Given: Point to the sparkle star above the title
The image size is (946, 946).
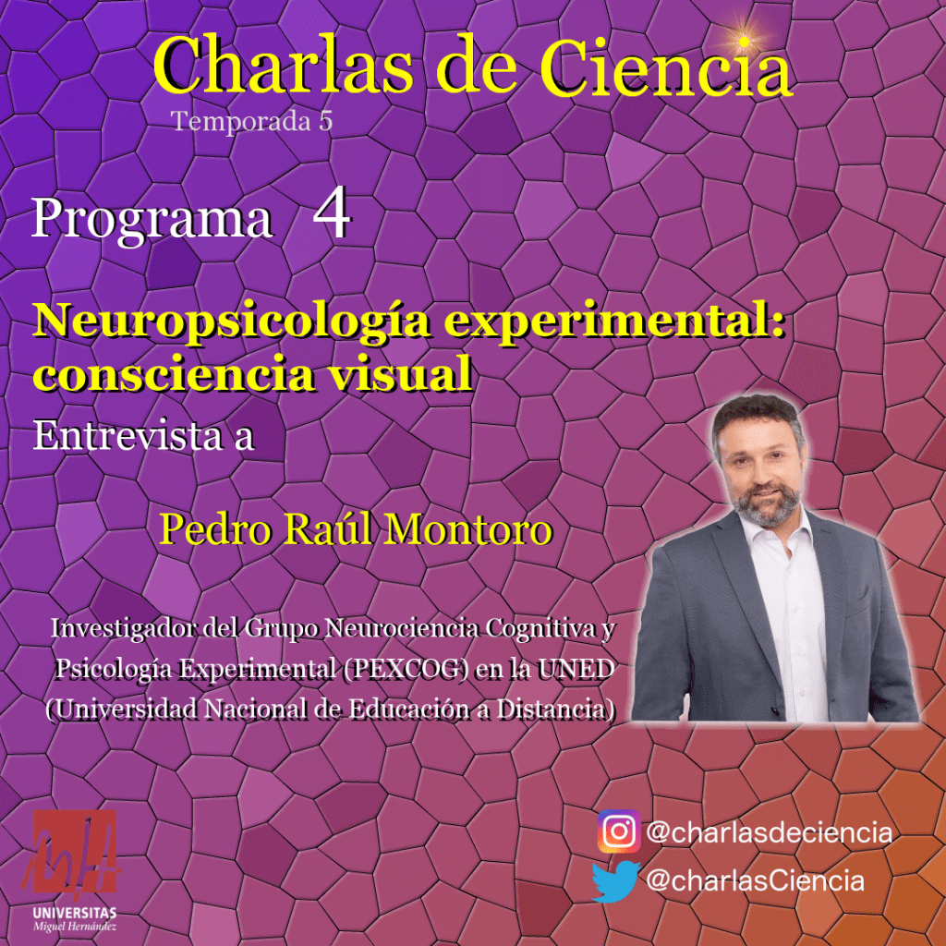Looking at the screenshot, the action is tap(745, 41).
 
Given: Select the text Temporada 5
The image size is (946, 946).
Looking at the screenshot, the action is tap(252, 122).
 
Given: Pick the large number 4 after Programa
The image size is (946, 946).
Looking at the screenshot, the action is tap(332, 216).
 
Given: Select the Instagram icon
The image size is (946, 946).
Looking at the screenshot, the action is tap(619, 832).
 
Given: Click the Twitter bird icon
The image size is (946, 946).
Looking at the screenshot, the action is tap(616, 881).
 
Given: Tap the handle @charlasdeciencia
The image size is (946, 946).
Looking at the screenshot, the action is tap(770, 832).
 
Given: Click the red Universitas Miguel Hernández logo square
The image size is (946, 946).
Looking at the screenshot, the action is tap(75, 851).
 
